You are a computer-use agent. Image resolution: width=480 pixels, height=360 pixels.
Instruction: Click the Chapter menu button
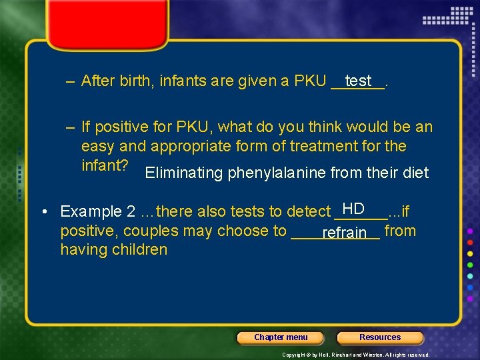(x=281, y=337)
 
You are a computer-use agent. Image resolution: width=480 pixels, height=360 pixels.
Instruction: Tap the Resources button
(x=380, y=337)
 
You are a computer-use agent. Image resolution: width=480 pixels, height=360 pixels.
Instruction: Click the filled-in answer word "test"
(x=359, y=81)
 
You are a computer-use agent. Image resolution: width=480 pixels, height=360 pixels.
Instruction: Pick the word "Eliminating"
(x=184, y=173)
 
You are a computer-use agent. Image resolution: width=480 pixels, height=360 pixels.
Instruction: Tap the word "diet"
(x=415, y=173)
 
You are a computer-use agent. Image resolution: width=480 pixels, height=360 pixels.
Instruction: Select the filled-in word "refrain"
(x=344, y=233)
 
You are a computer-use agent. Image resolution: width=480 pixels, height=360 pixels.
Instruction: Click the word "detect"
(x=307, y=212)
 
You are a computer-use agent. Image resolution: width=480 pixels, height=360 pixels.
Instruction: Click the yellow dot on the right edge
(x=470, y=252)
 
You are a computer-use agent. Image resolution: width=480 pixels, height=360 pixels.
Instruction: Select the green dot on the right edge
(x=470, y=264)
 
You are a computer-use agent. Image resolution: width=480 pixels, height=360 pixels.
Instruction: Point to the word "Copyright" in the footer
(x=294, y=355)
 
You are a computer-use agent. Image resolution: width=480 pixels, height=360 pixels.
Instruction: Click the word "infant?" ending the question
(x=105, y=165)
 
